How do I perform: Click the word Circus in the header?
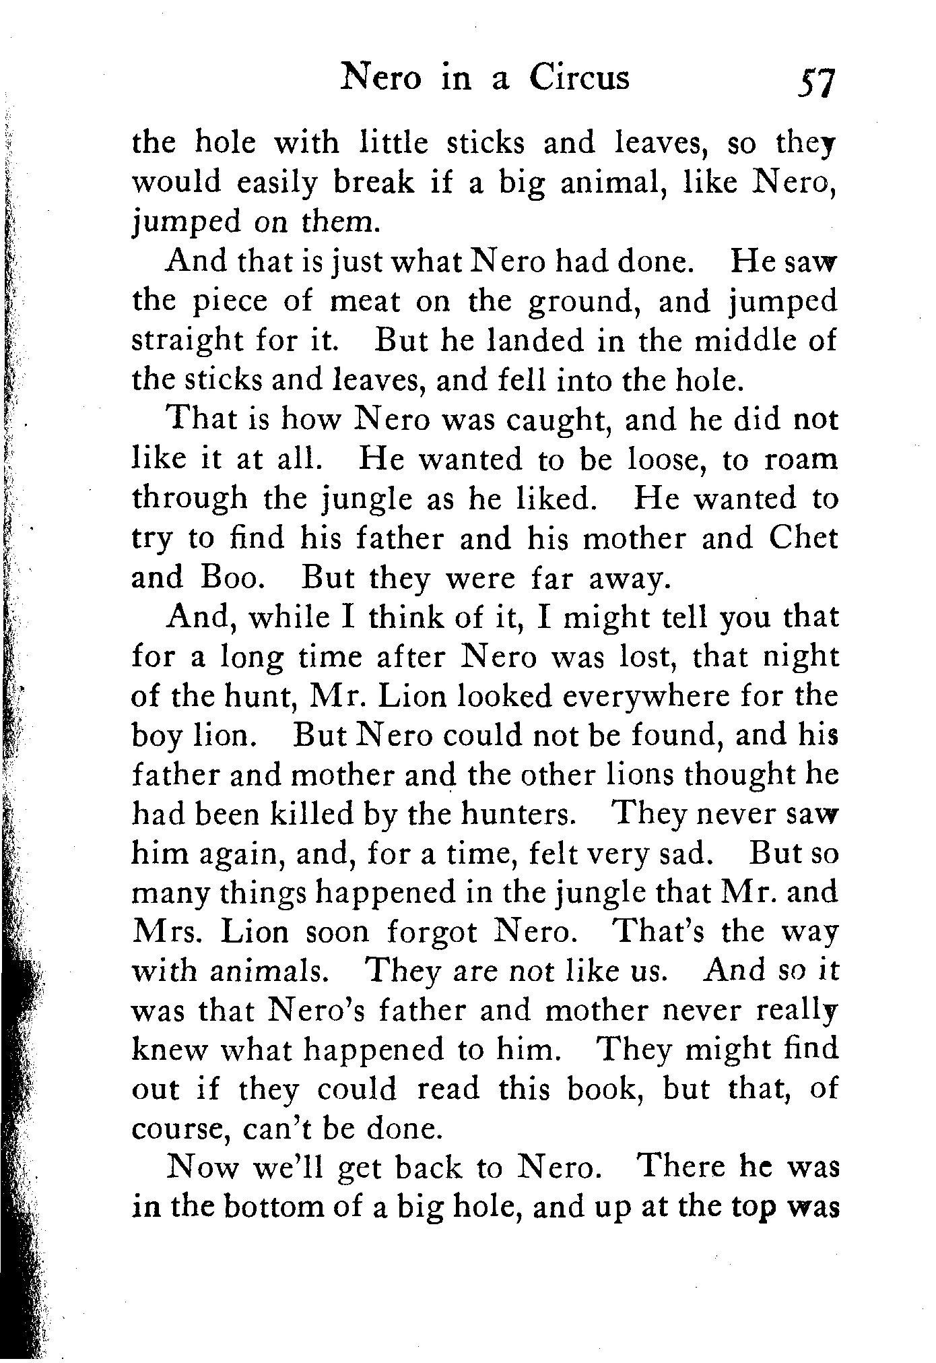[579, 77]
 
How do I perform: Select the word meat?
[364, 301]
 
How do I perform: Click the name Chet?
[803, 538]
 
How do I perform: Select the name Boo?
[228, 578]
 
